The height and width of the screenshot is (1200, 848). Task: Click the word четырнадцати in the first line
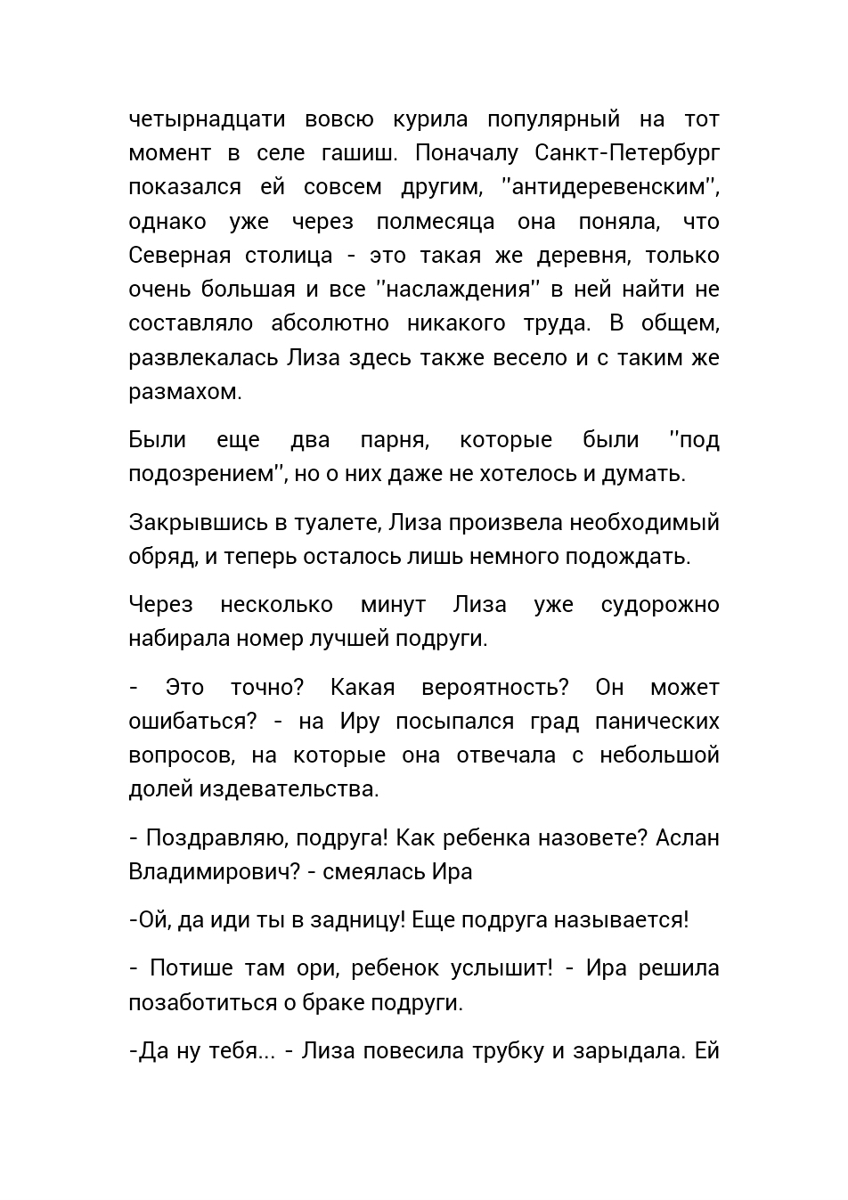pyautogui.click(x=207, y=119)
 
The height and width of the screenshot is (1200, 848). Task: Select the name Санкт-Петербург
pyautogui.click(x=627, y=153)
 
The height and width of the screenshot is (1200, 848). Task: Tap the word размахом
pyautogui.click(x=184, y=392)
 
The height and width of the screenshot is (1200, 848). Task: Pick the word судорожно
pyautogui.click(x=660, y=605)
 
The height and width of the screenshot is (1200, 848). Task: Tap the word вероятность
pyautogui.click(x=494, y=688)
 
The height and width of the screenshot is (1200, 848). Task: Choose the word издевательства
pyautogui.click(x=289, y=789)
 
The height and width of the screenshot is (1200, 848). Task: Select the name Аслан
pyautogui.click(x=687, y=838)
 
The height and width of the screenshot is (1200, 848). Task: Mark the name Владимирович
pyautogui.click(x=215, y=872)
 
